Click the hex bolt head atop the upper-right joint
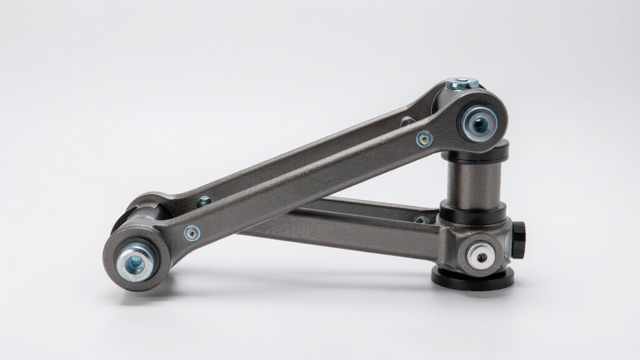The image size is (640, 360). [462, 84]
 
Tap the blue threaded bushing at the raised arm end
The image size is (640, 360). [479, 123]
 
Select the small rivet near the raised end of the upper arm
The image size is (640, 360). [424, 139]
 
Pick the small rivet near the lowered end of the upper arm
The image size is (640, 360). [192, 233]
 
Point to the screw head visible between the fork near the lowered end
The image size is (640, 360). [204, 201]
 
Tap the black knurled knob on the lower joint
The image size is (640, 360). [519, 240]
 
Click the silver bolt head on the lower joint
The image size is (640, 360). [481, 254]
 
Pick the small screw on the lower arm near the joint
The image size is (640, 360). [422, 219]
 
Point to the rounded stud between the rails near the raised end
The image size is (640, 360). [407, 121]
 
